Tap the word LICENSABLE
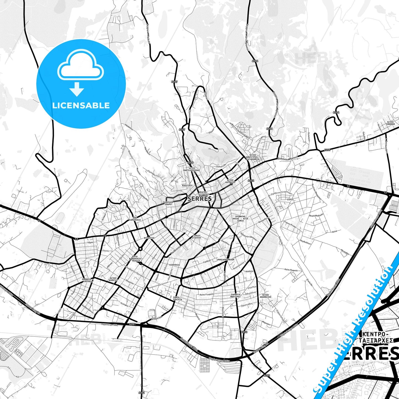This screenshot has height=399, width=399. click(x=81, y=105)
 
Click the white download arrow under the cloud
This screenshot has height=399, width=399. click(x=77, y=89)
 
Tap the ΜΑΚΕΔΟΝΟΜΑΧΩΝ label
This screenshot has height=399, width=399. click(x=226, y=260)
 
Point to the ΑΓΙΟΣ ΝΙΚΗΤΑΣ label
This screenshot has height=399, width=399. click(x=113, y=279)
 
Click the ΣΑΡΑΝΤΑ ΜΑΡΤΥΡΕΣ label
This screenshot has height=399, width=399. click(x=236, y=295)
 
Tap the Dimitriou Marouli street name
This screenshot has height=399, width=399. click(x=288, y=158)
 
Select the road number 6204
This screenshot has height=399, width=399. click(x=336, y=112)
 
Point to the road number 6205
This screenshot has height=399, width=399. click(x=327, y=150)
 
